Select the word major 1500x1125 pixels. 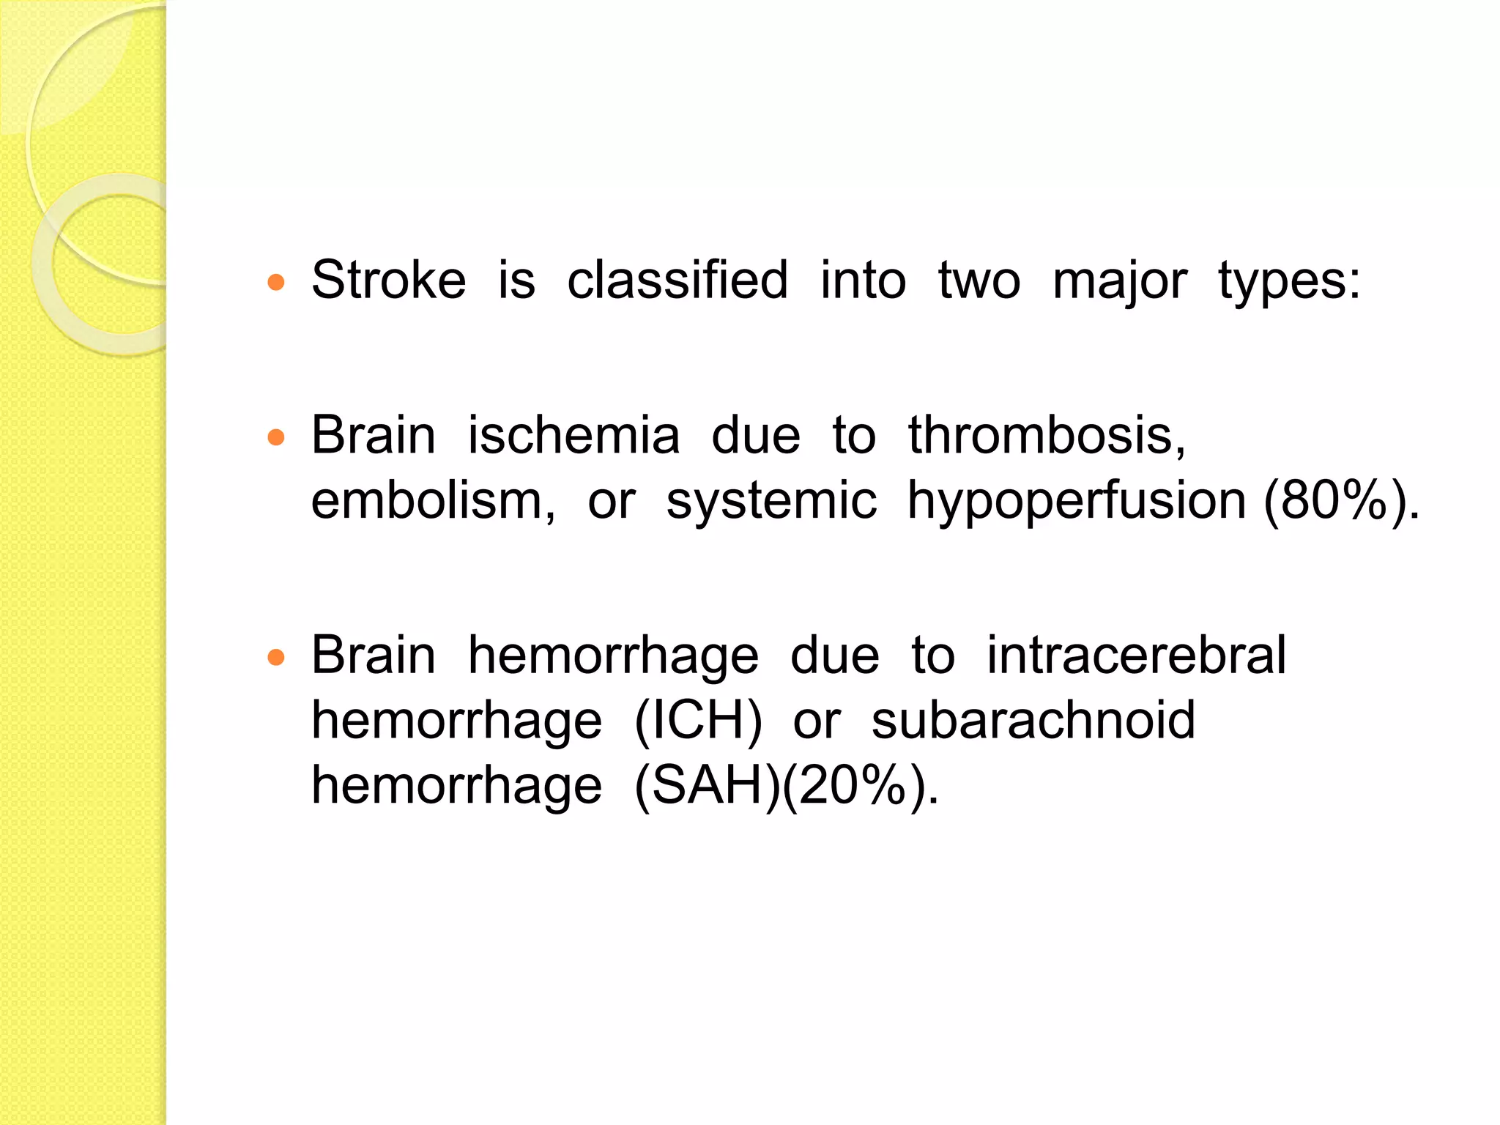(1119, 282)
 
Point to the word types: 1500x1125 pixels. (1289, 282)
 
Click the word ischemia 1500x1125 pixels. (573, 435)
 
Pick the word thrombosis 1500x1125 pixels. (1046, 435)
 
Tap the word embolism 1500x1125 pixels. (433, 501)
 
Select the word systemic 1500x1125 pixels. (771, 502)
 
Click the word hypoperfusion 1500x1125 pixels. (1077, 502)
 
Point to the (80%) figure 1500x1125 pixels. (1334, 501)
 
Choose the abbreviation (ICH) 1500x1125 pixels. (698, 721)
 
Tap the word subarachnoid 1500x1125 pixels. (1033, 721)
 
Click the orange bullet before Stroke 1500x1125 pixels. (276, 283)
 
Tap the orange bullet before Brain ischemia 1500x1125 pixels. (276, 438)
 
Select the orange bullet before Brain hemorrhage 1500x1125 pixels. (276, 657)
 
